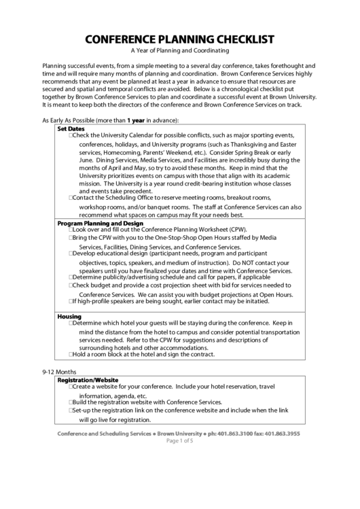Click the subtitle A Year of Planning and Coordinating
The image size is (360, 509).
coord(180,51)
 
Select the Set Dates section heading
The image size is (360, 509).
coord(71,128)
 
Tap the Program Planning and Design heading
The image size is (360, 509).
coord(100,224)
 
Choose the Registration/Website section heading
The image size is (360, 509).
coord(88,380)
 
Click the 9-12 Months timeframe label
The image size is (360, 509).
coord(59,372)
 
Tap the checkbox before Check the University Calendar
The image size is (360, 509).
coord(71,135)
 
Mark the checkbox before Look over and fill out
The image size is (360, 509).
coord(71,230)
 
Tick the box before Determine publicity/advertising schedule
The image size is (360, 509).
coord(71,277)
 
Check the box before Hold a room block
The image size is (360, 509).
coord(71,355)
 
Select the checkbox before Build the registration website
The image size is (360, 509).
coord(71,402)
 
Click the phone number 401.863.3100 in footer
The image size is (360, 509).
coord(234,434)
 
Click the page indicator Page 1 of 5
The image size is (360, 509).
coord(180,441)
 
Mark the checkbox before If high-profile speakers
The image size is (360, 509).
coord(71,301)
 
